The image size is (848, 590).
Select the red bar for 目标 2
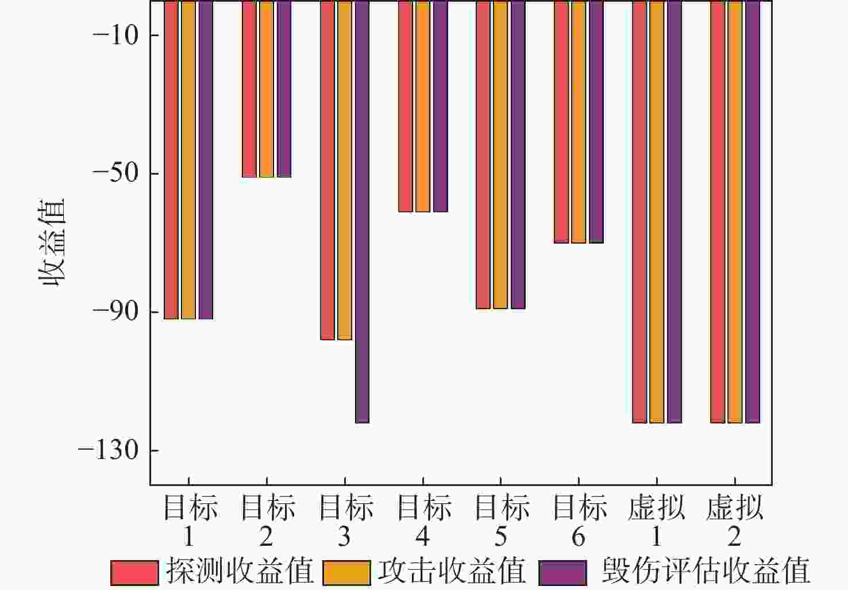[249, 89]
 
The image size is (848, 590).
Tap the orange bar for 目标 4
[423, 106]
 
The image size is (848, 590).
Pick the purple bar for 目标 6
[596, 122]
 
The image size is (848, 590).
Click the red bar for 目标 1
[171, 160]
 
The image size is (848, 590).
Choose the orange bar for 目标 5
[500, 155]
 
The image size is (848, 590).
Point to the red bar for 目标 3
[327, 170]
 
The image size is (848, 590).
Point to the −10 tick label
[115, 36]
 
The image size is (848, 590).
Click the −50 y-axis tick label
[115, 173]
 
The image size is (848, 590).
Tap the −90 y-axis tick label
[115, 312]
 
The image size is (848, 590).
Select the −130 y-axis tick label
[109, 450]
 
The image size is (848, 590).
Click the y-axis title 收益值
[52, 242]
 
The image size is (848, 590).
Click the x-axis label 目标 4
[423, 522]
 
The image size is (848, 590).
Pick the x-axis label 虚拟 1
[656, 522]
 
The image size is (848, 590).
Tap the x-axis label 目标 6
[579, 522]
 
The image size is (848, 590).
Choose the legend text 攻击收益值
[452, 572]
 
